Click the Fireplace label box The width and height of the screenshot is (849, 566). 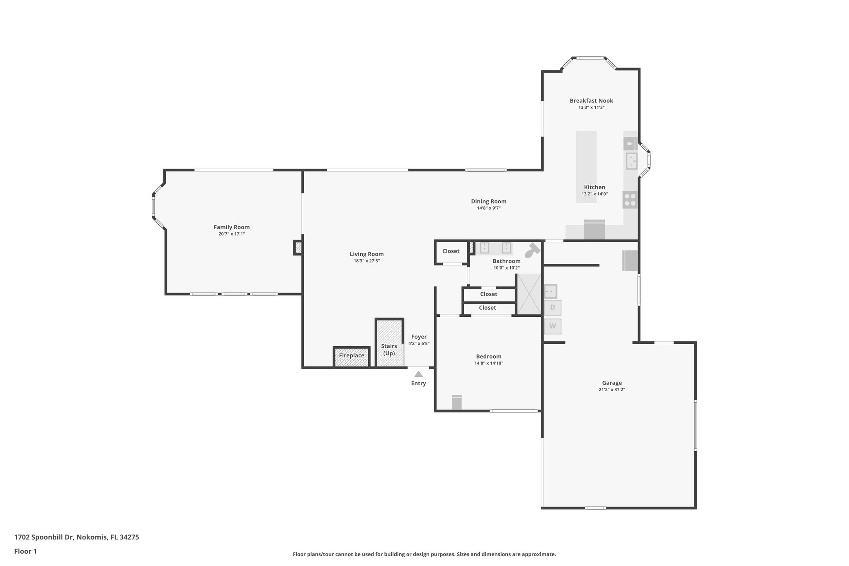tap(352, 356)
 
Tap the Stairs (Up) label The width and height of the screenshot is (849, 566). tap(389, 350)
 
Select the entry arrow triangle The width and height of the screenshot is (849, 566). tap(419, 374)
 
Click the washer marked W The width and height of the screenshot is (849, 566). tap(553, 326)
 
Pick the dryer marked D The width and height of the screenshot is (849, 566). tap(553, 308)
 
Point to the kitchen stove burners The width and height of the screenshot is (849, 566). tap(630, 200)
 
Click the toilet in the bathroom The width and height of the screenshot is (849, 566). tap(532, 250)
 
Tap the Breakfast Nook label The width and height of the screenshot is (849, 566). tap(591, 101)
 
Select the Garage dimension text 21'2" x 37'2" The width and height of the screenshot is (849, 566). tap(611, 390)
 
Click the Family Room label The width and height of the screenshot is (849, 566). tap(231, 227)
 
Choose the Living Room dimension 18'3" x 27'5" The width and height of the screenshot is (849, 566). tap(366, 261)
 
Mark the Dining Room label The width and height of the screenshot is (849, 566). tap(488, 202)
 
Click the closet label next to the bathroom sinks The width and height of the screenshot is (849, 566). tap(451, 251)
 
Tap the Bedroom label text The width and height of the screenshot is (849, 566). tap(488, 357)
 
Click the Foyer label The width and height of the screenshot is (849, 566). tap(419, 337)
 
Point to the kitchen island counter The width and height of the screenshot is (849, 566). tap(586, 166)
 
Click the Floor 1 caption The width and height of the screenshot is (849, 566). tap(25, 551)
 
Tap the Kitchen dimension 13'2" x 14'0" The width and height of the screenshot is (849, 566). tap(594, 194)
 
